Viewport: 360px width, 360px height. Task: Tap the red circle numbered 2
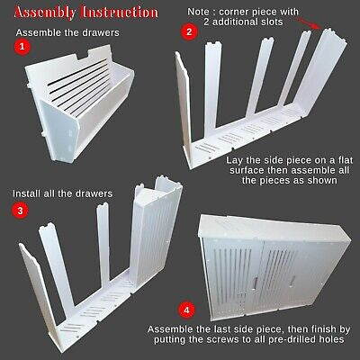(188, 31)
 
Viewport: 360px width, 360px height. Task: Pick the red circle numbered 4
(185, 310)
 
